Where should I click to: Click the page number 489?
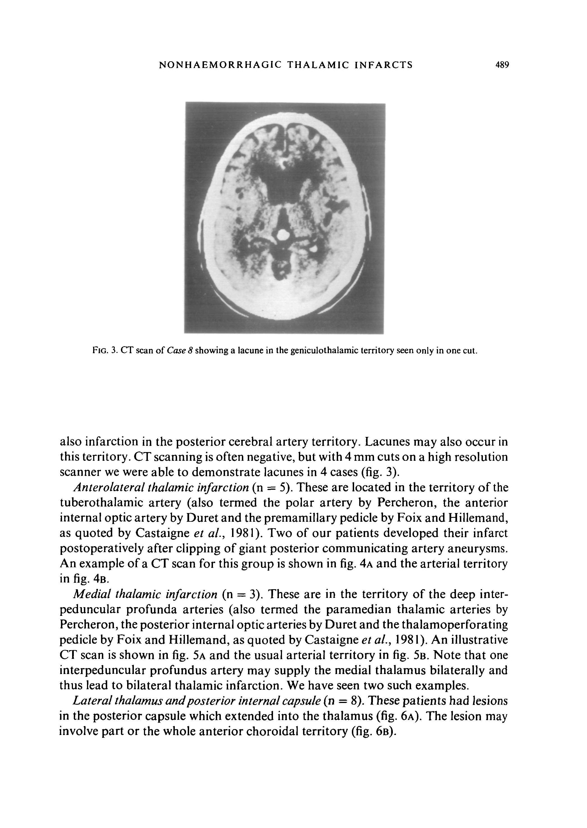pyautogui.click(x=502, y=65)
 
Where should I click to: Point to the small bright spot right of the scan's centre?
pyautogui.click(x=313, y=249)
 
